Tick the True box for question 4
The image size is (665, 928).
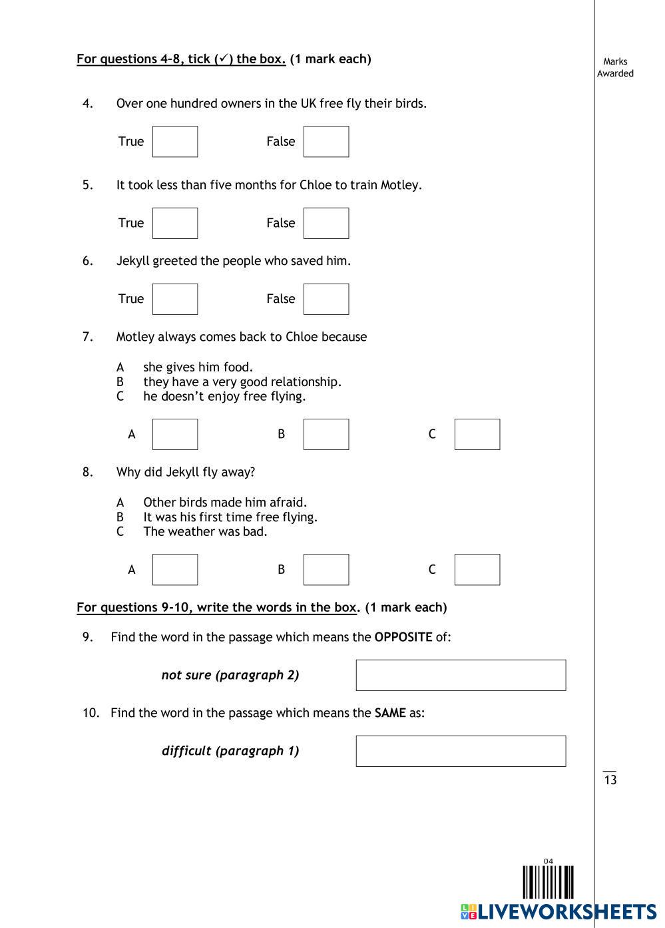(x=175, y=142)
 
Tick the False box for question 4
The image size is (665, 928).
(x=326, y=142)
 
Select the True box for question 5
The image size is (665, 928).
(x=175, y=223)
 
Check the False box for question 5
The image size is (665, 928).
(x=326, y=223)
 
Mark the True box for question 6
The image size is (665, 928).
(x=175, y=299)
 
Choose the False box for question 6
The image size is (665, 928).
(x=326, y=299)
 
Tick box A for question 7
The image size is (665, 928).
(x=175, y=434)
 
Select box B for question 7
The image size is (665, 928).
(x=326, y=434)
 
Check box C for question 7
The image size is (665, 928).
(x=477, y=434)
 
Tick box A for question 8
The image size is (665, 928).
(x=175, y=570)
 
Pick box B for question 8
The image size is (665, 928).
(x=326, y=570)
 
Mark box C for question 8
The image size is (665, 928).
(x=477, y=570)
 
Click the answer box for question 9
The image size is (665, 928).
(x=461, y=675)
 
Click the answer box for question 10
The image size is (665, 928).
(x=461, y=751)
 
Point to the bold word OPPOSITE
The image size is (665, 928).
(x=403, y=637)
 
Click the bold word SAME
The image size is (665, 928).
(x=390, y=713)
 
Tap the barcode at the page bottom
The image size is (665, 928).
(x=548, y=883)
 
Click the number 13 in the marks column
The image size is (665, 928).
(x=610, y=780)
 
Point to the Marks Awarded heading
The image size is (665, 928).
(x=615, y=67)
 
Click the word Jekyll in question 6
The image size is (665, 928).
(x=132, y=261)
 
